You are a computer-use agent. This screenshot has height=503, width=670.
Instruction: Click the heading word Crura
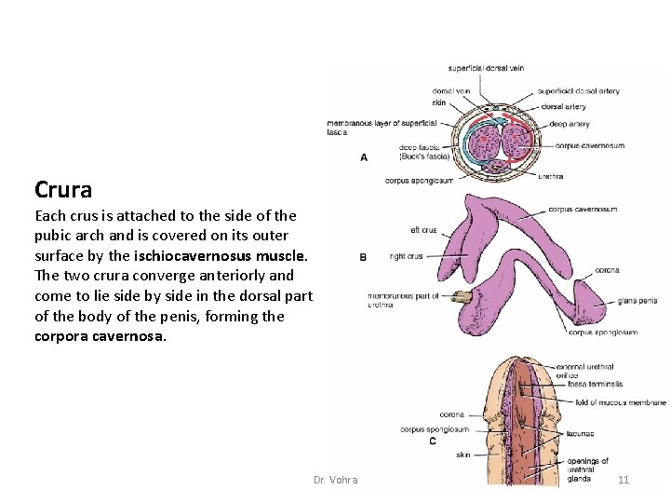63,190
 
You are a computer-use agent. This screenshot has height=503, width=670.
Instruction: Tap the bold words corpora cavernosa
100,336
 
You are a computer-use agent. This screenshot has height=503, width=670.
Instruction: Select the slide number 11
623,480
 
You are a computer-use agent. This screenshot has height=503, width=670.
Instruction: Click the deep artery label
569,124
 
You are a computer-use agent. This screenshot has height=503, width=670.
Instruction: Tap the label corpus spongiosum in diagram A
419,180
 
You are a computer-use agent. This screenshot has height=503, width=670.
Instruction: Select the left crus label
422,230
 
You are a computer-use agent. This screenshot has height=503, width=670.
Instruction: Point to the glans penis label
637,301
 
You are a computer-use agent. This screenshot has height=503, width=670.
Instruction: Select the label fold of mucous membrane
620,402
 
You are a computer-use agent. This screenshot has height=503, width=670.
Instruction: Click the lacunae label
579,433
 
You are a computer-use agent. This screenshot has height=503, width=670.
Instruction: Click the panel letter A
363,157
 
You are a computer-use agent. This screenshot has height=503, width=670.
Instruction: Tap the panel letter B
363,256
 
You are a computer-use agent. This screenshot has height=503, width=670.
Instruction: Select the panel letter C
432,441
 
